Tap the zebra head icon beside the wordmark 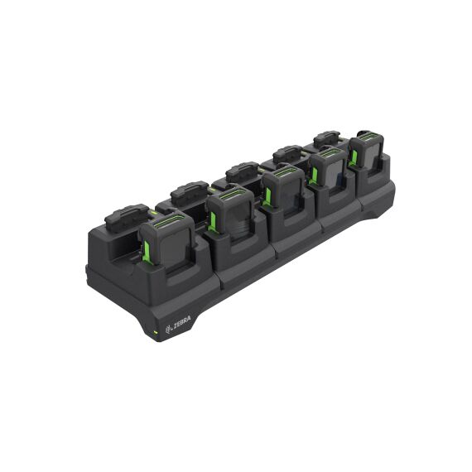tap(169, 330)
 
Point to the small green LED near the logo tap(156, 333)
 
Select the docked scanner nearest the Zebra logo tap(167, 239)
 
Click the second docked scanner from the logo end tap(231, 212)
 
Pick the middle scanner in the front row tap(283, 190)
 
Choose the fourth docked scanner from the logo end tap(328, 169)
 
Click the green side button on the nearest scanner tap(147, 252)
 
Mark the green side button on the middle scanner tap(267, 196)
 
